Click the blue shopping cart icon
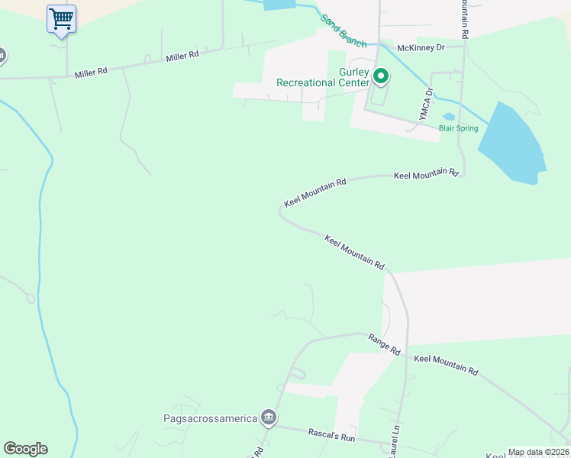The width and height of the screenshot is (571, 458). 61,18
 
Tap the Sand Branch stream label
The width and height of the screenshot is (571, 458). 344,31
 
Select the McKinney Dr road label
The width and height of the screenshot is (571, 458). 421,47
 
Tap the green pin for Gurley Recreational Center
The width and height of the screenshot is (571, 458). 381,76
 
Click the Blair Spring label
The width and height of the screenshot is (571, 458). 458,128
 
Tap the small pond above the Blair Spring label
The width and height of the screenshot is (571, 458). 448,118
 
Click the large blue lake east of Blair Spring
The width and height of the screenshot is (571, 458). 511,145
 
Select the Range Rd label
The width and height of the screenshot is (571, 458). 384,343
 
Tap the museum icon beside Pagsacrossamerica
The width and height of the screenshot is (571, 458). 268,417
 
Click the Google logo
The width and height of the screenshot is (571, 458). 25,449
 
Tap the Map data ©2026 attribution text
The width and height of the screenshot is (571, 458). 537,452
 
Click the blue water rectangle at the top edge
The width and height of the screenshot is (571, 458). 279,4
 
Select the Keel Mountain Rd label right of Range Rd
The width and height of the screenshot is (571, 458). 446,364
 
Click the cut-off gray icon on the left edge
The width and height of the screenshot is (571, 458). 2,56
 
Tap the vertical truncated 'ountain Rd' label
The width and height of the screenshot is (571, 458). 463,20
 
